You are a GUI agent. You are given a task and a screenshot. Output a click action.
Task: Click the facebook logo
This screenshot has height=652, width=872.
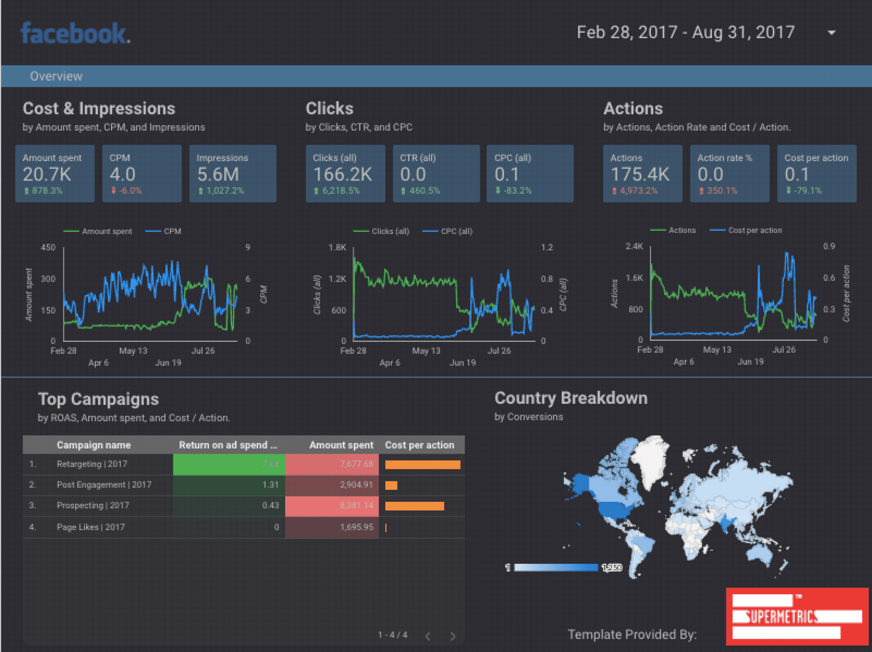click(75, 34)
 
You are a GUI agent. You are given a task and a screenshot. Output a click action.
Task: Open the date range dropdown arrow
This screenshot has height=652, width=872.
click(831, 33)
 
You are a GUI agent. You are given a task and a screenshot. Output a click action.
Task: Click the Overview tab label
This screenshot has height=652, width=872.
click(56, 76)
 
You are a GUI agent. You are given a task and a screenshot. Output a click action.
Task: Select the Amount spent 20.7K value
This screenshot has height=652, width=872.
click(47, 174)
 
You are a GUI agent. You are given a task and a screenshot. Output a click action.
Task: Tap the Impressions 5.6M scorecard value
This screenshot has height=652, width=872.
click(218, 174)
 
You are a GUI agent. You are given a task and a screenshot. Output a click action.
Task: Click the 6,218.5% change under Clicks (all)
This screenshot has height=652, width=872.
click(340, 191)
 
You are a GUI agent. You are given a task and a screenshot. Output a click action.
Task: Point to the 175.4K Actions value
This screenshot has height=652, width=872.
click(640, 174)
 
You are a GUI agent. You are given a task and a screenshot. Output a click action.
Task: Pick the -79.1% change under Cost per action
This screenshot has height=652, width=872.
click(807, 191)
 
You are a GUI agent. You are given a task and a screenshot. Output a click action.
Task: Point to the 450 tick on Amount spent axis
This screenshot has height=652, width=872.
click(48, 247)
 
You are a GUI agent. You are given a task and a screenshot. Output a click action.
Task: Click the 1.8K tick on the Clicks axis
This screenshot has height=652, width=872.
click(337, 247)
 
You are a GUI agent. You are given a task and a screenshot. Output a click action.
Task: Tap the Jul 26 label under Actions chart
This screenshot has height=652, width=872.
click(784, 349)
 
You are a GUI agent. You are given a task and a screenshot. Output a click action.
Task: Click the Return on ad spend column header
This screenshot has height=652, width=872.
click(228, 445)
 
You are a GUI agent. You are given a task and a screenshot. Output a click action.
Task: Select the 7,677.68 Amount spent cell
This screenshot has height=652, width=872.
click(356, 464)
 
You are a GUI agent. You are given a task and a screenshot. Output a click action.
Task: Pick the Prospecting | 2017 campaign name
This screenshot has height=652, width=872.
click(93, 505)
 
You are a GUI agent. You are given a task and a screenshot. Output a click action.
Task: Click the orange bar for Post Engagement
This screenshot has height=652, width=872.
click(391, 485)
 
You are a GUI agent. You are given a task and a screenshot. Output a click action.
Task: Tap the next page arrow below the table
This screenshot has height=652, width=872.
click(453, 636)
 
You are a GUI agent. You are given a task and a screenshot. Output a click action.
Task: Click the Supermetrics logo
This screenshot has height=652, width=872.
click(797, 616)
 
